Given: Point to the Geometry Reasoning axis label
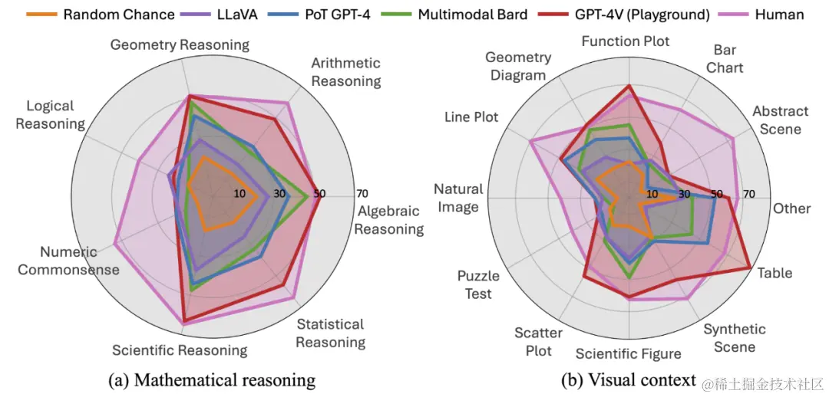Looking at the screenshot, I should pyautogui.click(x=180, y=44).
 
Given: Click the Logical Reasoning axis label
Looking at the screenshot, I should pyautogui.click(x=50, y=114).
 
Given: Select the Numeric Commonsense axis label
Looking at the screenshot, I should pyautogui.click(x=69, y=261).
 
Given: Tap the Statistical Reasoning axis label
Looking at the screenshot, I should pyautogui.click(x=330, y=333).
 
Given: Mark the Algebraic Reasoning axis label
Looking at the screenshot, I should pyautogui.click(x=389, y=220).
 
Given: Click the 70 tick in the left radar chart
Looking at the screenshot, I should pyautogui.click(x=362, y=193).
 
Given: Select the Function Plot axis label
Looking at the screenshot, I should pyautogui.click(x=625, y=41).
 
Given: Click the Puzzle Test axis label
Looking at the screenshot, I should pyautogui.click(x=478, y=284).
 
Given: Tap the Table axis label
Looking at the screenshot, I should pyautogui.click(x=775, y=273).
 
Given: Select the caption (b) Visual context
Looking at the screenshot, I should pyautogui.click(x=628, y=379).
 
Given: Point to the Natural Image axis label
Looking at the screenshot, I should pyautogui.click(x=458, y=198).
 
